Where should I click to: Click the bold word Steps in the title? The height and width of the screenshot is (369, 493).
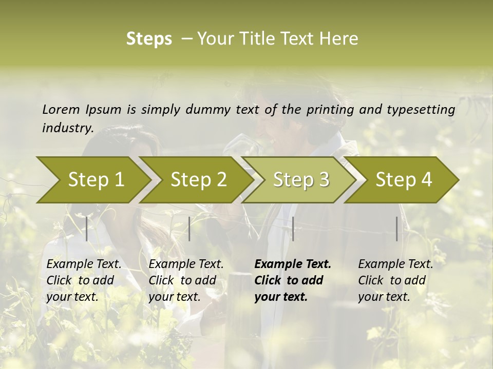pyautogui.click(x=149, y=39)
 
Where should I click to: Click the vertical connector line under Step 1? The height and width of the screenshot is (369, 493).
pyautogui.click(x=87, y=229)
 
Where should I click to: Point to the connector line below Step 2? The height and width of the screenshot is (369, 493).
pyautogui.click(x=189, y=229)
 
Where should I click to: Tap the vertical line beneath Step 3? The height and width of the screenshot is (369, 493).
pyautogui.click(x=293, y=229)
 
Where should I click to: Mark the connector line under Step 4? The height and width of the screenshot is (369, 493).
pyautogui.click(x=396, y=229)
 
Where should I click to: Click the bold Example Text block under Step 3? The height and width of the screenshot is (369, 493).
pyautogui.click(x=293, y=280)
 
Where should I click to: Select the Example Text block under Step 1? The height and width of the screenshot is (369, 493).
pyautogui.click(x=84, y=280)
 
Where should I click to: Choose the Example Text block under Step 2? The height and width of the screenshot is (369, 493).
pyautogui.click(x=186, y=280)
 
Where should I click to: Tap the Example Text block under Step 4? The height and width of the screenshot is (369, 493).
pyautogui.click(x=395, y=280)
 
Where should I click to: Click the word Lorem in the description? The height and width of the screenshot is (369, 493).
pyautogui.click(x=61, y=109)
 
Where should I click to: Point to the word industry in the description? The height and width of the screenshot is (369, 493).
pyautogui.click(x=67, y=128)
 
